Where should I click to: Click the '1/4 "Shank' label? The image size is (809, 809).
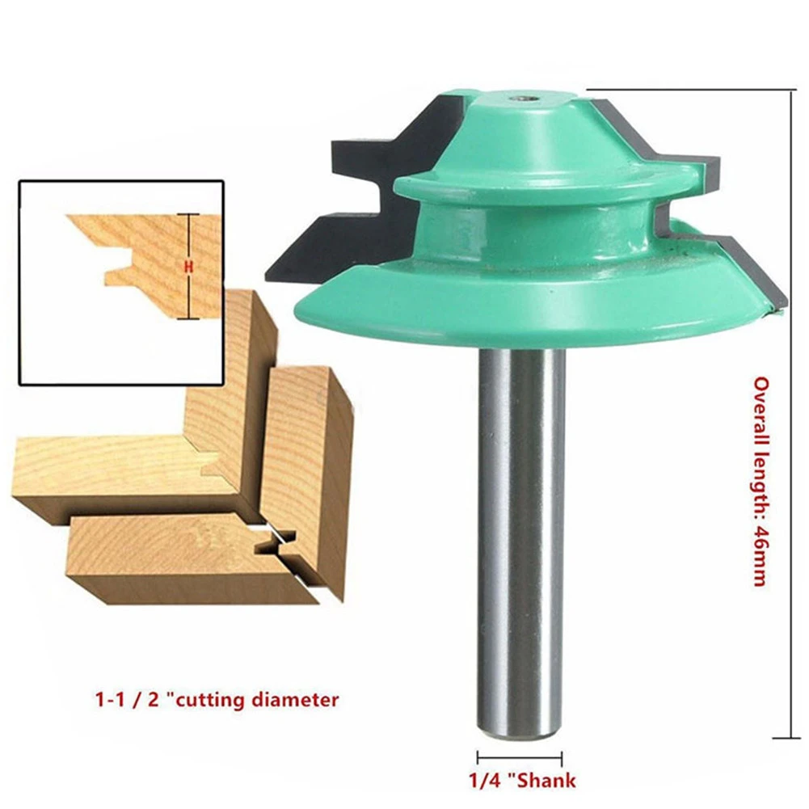[x=522, y=781]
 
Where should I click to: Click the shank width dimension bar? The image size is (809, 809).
[x=520, y=758]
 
